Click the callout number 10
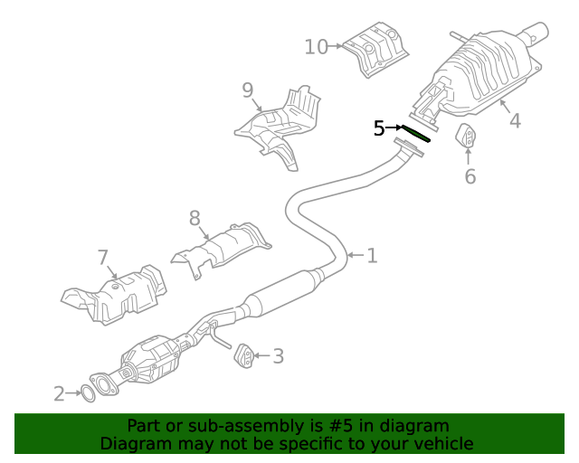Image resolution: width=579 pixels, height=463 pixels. [x=316, y=45]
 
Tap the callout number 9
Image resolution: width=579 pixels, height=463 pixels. [x=247, y=90]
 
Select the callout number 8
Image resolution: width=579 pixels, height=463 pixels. [x=194, y=218]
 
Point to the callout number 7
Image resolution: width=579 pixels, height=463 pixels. [x=102, y=258]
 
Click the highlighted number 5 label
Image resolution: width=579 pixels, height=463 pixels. [x=380, y=128]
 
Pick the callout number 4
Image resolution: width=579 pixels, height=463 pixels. [x=514, y=120]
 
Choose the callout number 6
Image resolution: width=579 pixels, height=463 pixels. [x=470, y=176]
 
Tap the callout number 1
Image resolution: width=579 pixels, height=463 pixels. [x=372, y=256]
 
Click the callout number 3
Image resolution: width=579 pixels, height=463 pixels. [x=278, y=356]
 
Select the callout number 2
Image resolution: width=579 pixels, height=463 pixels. [x=60, y=393]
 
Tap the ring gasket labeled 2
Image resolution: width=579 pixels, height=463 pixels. [x=88, y=392]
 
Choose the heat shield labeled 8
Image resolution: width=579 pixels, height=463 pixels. [x=221, y=247]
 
